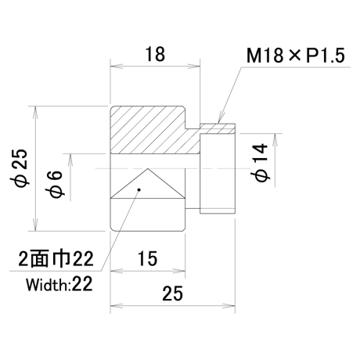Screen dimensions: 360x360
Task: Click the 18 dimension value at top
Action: pos(155,54)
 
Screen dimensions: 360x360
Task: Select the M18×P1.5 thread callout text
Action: pos(296,56)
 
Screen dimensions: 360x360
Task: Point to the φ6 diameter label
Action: pos(55,184)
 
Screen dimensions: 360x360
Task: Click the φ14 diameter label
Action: pos(260,162)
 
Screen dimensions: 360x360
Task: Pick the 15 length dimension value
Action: pos(147,258)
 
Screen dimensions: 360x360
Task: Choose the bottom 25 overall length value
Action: pos(172,293)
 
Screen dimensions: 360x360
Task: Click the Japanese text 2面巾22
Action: pos(56,259)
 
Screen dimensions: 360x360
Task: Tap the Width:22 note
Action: pos(59,284)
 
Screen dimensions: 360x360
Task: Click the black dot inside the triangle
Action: pos(139,189)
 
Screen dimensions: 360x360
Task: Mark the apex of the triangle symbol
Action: pos(148,168)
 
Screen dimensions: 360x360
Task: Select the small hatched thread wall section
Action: pos(218,129)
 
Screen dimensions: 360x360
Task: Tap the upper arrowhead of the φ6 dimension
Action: pos(70,160)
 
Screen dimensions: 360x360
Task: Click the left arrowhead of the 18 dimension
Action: pos(117,66)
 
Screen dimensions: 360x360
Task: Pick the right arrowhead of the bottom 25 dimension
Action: pos(229,306)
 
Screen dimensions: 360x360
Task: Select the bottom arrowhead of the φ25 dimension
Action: pos(35,225)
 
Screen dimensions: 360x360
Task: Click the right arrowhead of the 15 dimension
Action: pos(179,272)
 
